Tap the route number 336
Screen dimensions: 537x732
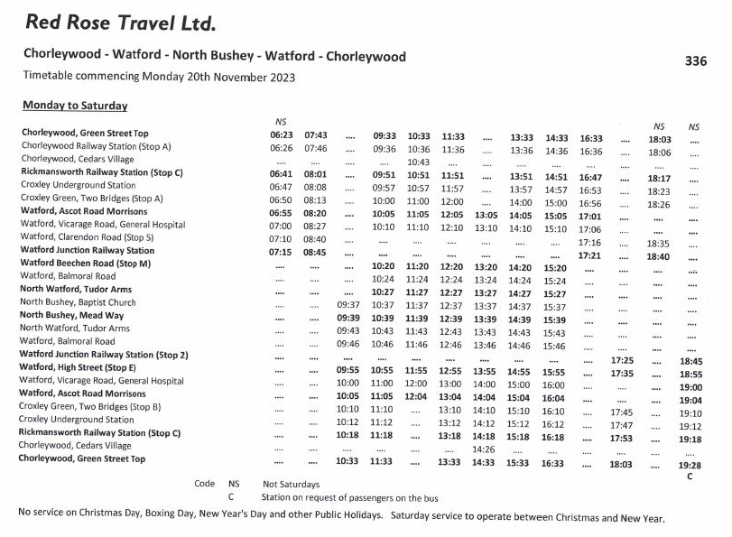pyautogui.click(x=695, y=61)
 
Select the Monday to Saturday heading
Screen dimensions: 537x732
pyautogui.click(x=75, y=106)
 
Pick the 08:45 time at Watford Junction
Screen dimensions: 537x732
pyautogui.click(x=315, y=251)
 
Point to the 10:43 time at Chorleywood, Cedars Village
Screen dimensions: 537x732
pyautogui.click(x=418, y=162)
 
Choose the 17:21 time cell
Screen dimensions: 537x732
pyautogui.click(x=589, y=256)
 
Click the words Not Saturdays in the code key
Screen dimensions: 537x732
pyautogui.click(x=292, y=485)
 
